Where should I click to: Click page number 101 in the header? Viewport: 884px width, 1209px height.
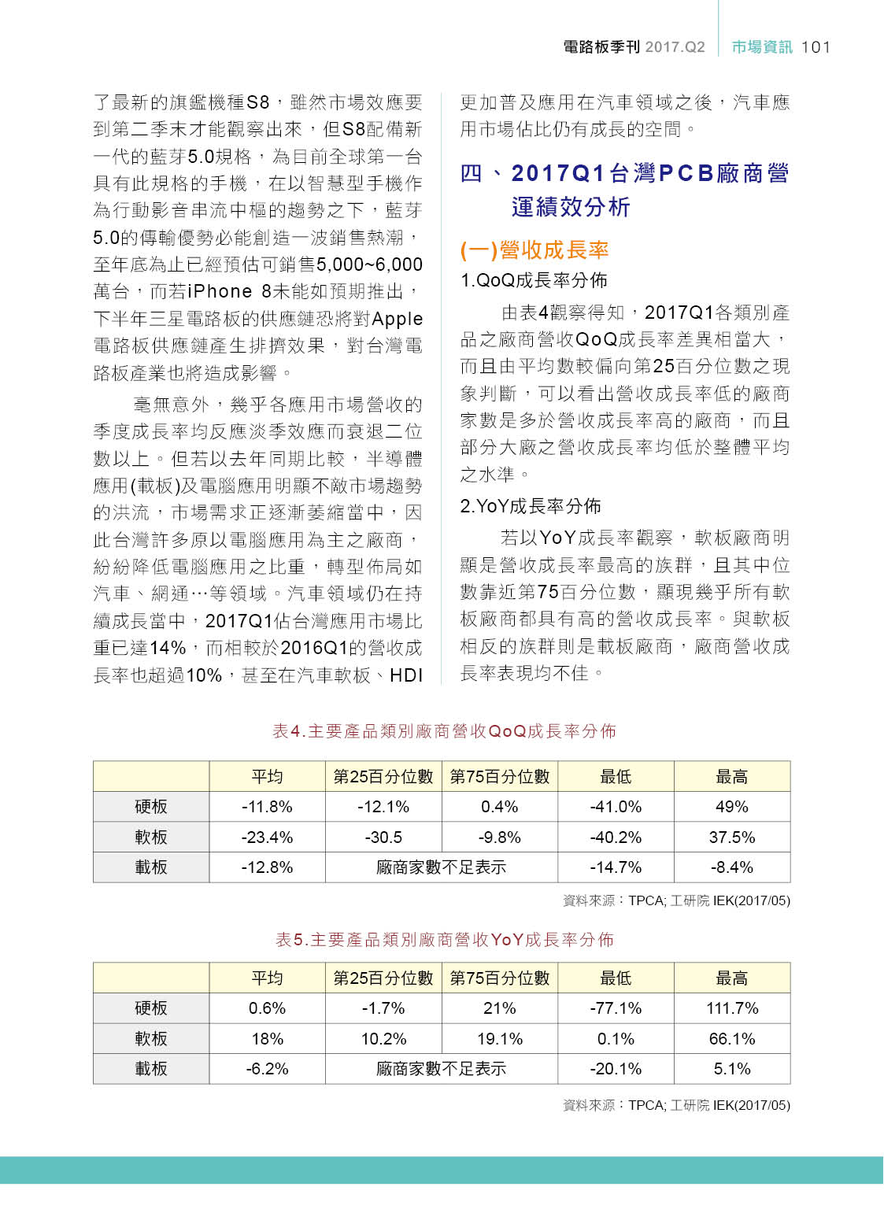click(816, 47)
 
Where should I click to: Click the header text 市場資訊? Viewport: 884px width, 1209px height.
click(761, 47)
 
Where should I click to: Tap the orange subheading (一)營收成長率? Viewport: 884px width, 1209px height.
click(534, 250)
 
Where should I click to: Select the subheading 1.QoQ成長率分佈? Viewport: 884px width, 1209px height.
click(534, 280)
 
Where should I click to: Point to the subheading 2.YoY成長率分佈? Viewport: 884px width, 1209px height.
click(531, 506)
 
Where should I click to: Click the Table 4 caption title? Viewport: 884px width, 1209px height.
click(444, 731)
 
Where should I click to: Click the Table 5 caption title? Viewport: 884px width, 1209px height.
click(444, 940)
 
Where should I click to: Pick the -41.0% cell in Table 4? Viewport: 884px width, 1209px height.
click(616, 807)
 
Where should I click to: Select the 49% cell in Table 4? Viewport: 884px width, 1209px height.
click(731, 807)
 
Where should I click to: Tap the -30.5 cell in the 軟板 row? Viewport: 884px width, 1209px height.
click(383, 837)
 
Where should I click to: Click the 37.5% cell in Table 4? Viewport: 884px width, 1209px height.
click(731, 837)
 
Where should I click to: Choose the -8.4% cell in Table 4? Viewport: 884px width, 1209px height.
click(731, 867)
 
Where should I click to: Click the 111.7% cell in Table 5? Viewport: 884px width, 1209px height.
click(731, 1008)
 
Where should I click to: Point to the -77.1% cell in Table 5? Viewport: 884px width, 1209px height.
click(616, 1008)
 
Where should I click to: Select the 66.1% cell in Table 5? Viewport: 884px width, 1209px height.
click(731, 1039)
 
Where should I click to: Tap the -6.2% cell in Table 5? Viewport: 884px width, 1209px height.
click(267, 1069)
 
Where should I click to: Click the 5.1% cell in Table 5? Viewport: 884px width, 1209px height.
click(731, 1069)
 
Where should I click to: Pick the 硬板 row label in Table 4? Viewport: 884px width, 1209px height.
click(151, 807)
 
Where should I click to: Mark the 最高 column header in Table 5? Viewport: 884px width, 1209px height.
click(731, 978)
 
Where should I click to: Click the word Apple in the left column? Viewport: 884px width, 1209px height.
click(398, 319)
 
